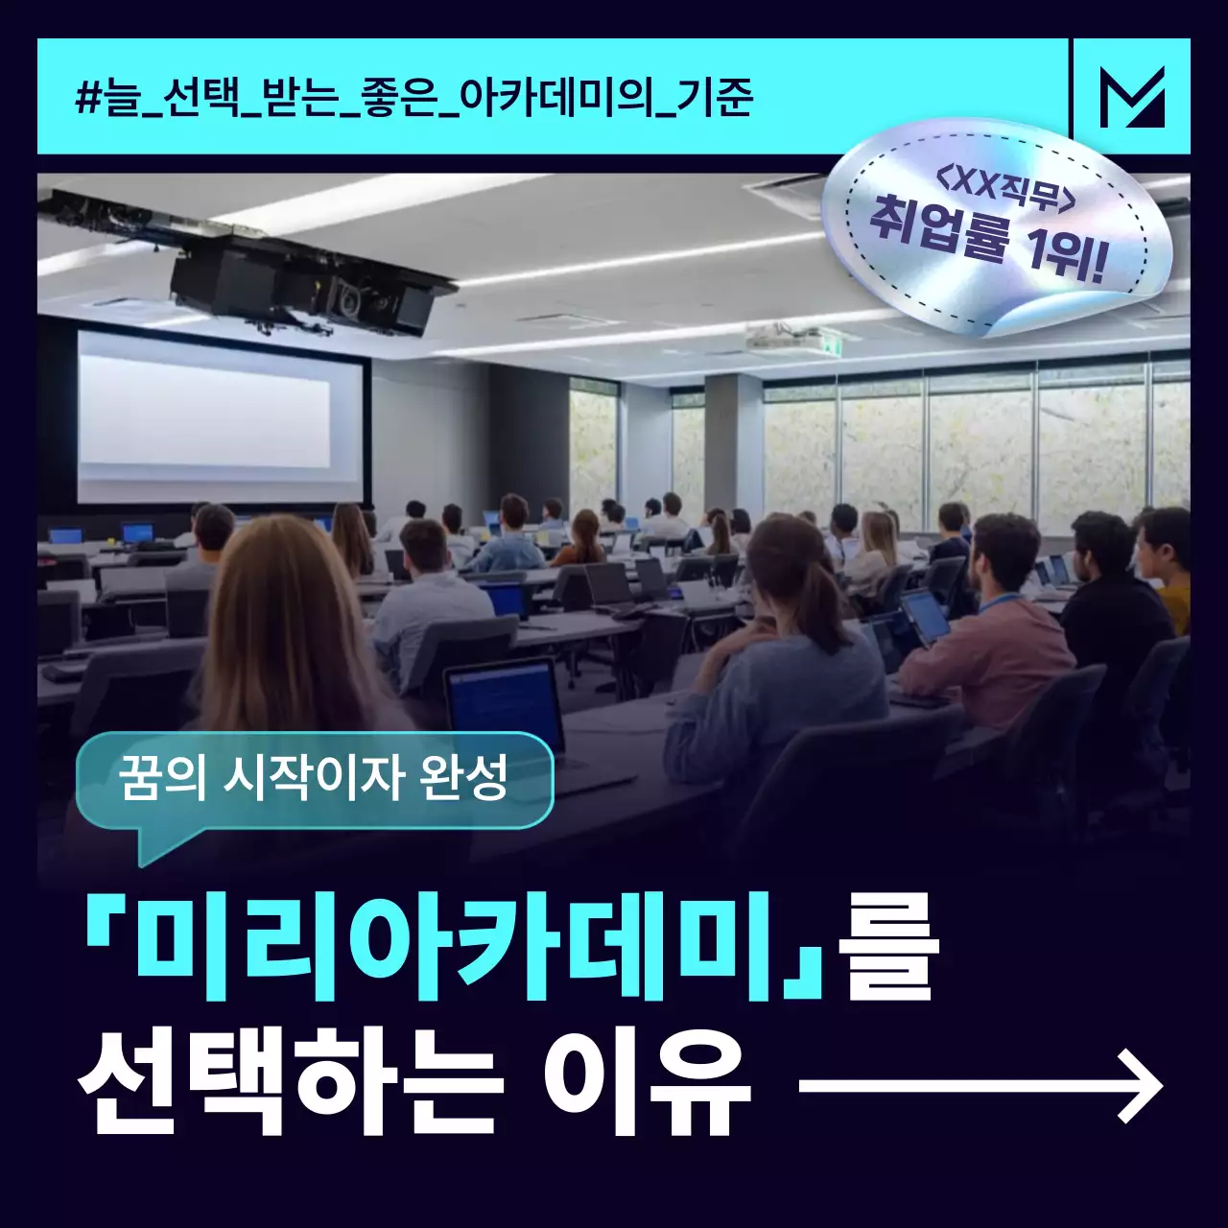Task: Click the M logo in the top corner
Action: point(1132,96)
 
